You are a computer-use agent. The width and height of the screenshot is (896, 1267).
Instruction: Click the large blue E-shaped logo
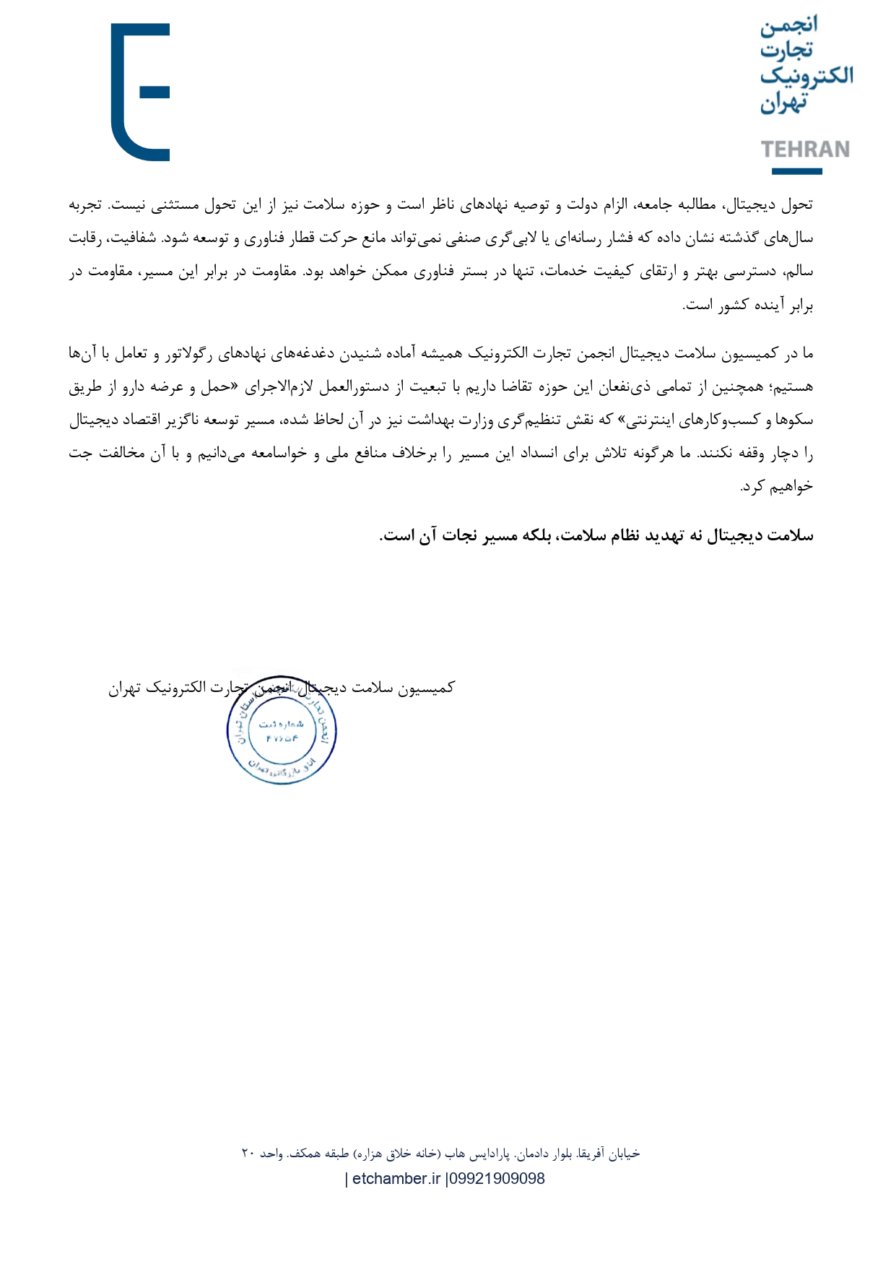coord(141,92)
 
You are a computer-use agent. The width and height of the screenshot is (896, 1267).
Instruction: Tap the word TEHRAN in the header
coord(805,150)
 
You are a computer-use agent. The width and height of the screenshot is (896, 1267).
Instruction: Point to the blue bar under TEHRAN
coord(796,171)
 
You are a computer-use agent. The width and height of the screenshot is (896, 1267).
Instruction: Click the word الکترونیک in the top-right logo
coord(806,75)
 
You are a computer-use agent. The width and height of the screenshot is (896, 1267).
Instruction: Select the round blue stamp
coord(282,732)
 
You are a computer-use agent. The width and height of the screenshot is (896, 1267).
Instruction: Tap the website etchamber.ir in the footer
coord(396,1179)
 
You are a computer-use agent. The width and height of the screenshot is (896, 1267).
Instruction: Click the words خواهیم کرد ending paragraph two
coord(778,487)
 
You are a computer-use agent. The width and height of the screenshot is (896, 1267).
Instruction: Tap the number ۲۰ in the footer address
coord(248,1154)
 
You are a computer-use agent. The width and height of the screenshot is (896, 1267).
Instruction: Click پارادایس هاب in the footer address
coord(477,1154)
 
